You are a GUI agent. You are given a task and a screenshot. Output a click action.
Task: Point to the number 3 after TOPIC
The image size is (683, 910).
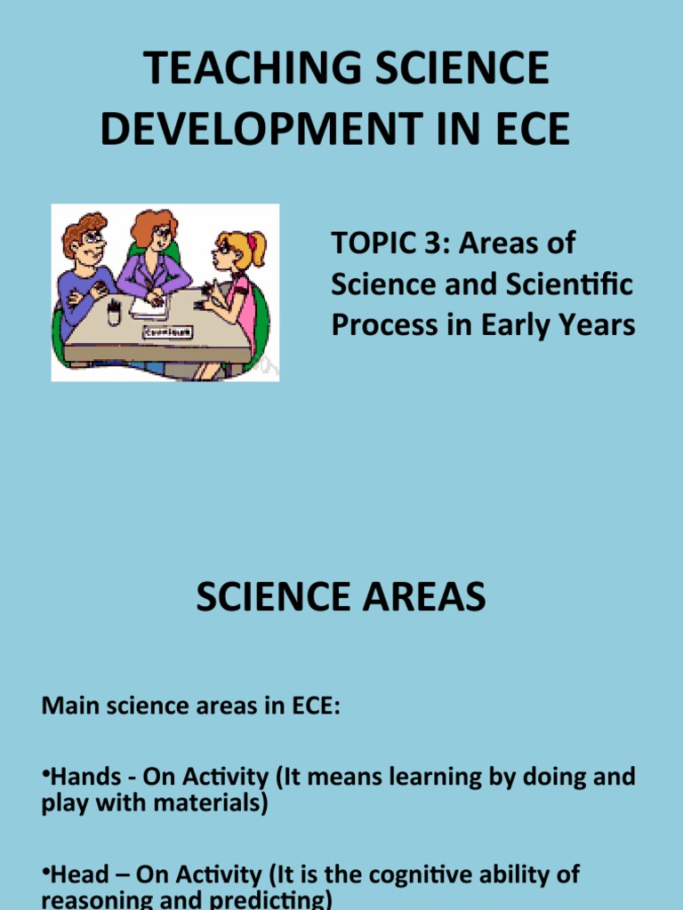[x=443, y=243]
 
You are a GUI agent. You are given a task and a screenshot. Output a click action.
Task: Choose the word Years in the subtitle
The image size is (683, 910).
[x=600, y=324]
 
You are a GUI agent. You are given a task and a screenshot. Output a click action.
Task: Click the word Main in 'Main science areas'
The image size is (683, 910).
[x=67, y=707]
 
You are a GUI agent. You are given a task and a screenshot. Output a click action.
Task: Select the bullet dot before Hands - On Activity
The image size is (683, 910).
[x=45, y=775]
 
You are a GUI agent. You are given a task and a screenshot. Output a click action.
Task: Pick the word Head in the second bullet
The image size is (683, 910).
[x=75, y=874]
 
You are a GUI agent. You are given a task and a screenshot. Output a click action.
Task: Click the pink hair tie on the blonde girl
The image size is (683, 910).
[x=252, y=240]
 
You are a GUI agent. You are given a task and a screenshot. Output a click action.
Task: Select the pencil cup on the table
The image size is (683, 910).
[x=114, y=312]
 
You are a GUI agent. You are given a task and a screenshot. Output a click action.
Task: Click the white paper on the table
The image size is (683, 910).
[x=149, y=307]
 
